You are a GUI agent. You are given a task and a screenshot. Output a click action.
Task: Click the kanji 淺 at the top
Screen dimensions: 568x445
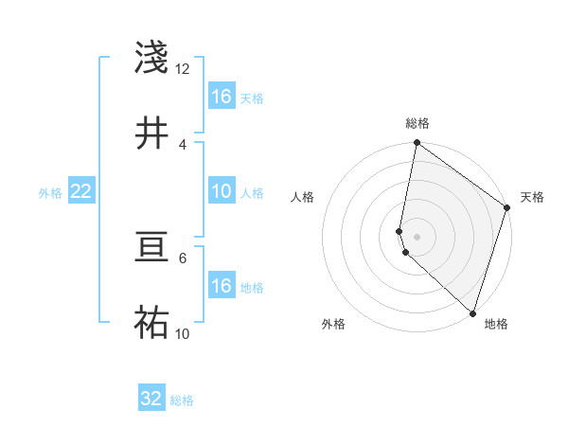pyautogui.click(x=152, y=58)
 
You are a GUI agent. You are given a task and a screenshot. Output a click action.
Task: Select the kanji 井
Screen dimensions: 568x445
pyautogui.click(x=152, y=133)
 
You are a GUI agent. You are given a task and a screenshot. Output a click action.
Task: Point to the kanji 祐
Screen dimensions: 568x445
pyautogui.click(x=152, y=323)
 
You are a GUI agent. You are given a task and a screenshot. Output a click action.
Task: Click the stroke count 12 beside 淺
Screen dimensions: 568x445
pyautogui.click(x=183, y=69)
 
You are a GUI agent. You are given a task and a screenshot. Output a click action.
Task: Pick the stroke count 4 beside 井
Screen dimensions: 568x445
pyautogui.click(x=183, y=144)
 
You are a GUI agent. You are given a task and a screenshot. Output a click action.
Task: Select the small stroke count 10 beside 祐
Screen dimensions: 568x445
pyautogui.click(x=183, y=333)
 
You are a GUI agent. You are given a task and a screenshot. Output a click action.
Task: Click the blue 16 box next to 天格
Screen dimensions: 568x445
pyautogui.click(x=221, y=96)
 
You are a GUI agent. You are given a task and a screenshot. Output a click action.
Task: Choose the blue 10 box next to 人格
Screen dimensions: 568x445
pyautogui.click(x=221, y=190)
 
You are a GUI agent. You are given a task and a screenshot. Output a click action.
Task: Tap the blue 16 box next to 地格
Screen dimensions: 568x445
pyautogui.click(x=221, y=285)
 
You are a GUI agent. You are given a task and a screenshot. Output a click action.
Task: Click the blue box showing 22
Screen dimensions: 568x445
pyautogui.click(x=80, y=191)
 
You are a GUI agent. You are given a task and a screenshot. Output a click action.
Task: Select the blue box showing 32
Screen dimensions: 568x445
pyautogui.click(x=151, y=399)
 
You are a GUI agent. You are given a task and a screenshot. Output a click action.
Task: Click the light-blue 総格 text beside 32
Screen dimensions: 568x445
pyautogui.click(x=183, y=400)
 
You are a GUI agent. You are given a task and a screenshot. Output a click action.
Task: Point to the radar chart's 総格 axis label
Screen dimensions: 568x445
pyautogui.click(x=417, y=123)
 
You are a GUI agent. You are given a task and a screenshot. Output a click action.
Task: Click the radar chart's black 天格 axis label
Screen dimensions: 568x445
pyautogui.click(x=532, y=197)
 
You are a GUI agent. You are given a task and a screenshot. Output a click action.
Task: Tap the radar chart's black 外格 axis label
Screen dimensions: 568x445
pyautogui.click(x=333, y=325)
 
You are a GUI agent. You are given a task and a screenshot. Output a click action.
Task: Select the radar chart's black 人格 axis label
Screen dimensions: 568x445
pyautogui.click(x=303, y=197)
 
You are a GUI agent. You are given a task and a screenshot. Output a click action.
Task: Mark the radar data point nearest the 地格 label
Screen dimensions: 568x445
pyautogui.click(x=471, y=313)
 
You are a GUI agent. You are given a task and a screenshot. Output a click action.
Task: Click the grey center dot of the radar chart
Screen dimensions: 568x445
pyautogui.click(x=417, y=236)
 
